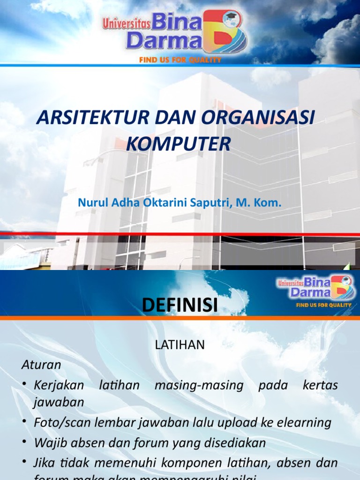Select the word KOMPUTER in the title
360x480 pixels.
tap(178, 144)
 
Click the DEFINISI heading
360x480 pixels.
tap(180, 305)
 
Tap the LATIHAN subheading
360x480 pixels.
tap(180, 345)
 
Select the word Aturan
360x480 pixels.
tap(41, 364)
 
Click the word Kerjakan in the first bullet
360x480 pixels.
tap(59, 385)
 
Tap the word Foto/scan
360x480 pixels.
tap(61, 422)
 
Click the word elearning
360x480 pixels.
tap(304, 422)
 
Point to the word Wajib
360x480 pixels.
tap(48, 442)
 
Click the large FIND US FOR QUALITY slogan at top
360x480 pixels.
tap(180, 60)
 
